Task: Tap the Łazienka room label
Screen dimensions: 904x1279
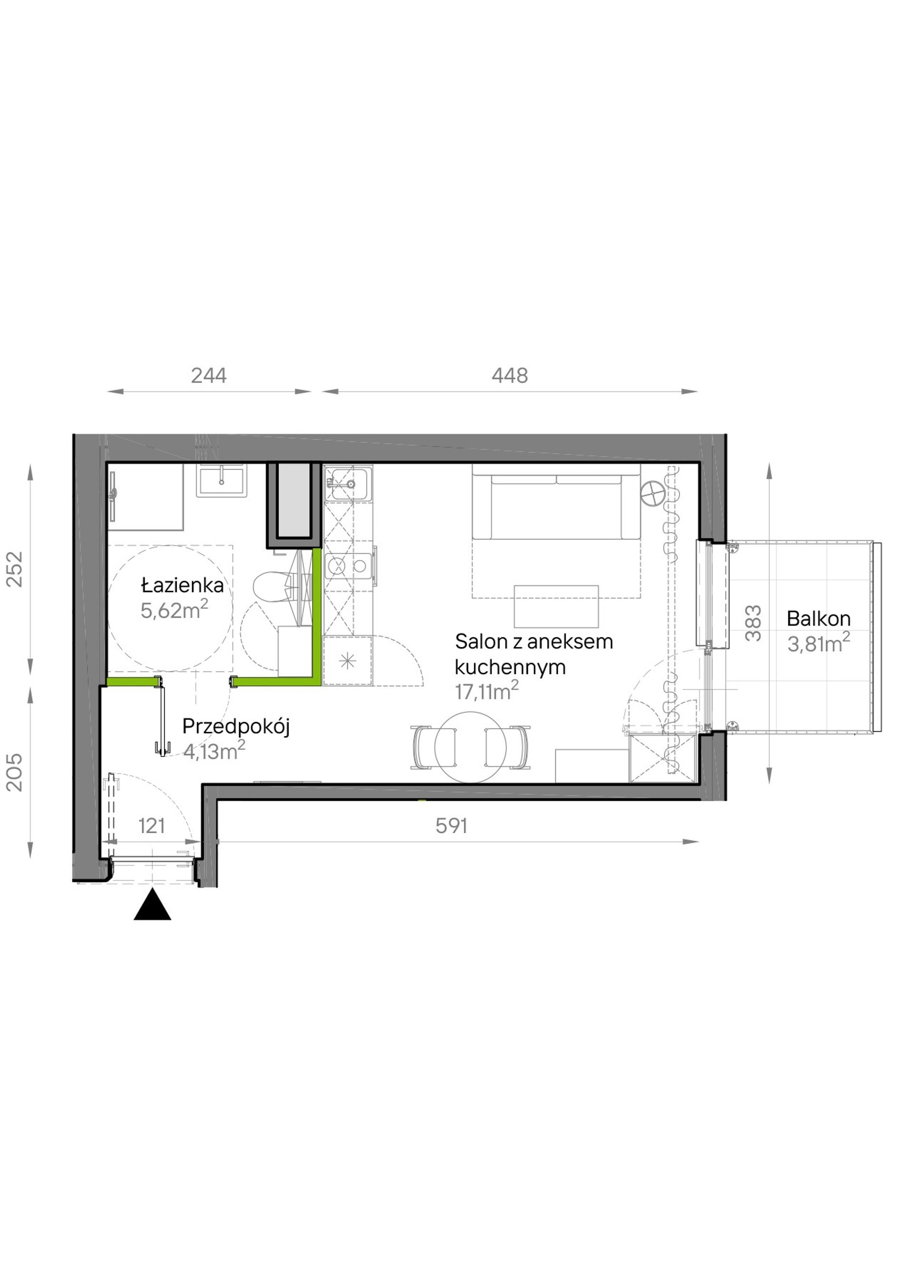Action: pyautogui.click(x=182, y=585)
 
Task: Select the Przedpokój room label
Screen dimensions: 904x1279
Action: pyautogui.click(x=236, y=727)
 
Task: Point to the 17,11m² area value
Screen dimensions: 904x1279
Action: pyautogui.click(x=486, y=691)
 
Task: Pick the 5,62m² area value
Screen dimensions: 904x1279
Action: pyautogui.click(x=174, y=610)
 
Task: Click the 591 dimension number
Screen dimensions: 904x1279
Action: pyautogui.click(x=451, y=826)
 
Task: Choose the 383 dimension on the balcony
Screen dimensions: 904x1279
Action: pyautogui.click(x=753, y=623)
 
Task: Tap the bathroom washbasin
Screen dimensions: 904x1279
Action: pyautogui.click(x=221, y=480)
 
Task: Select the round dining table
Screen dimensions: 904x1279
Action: pyautogui.click(x=471, y=748)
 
